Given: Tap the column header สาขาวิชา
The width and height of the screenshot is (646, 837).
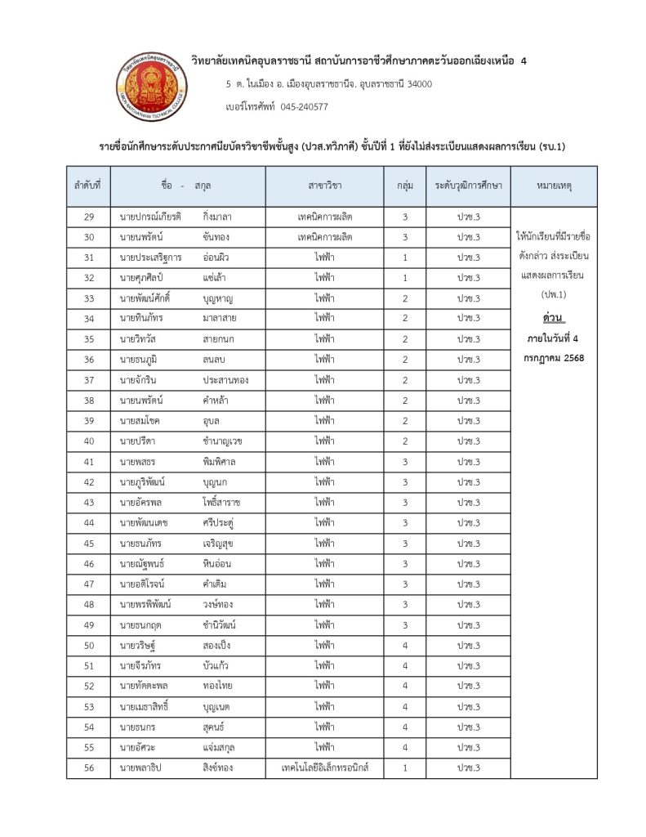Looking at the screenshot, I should tap(325, 186).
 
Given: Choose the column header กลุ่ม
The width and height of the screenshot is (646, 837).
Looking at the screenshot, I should tap(404, 186).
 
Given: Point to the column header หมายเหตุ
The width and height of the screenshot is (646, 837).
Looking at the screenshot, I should tap(554, 186).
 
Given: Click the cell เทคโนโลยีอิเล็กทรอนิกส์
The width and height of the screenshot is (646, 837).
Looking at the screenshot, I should tap(325, 768).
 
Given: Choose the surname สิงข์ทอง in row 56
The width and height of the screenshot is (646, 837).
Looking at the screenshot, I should tap(221, 768).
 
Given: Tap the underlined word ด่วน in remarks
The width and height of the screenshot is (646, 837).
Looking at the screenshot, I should tap(554, 316).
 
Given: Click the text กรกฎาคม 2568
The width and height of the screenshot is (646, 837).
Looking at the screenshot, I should tap(554, 358).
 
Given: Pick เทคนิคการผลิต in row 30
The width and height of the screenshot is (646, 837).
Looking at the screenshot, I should tap(325, 237).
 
